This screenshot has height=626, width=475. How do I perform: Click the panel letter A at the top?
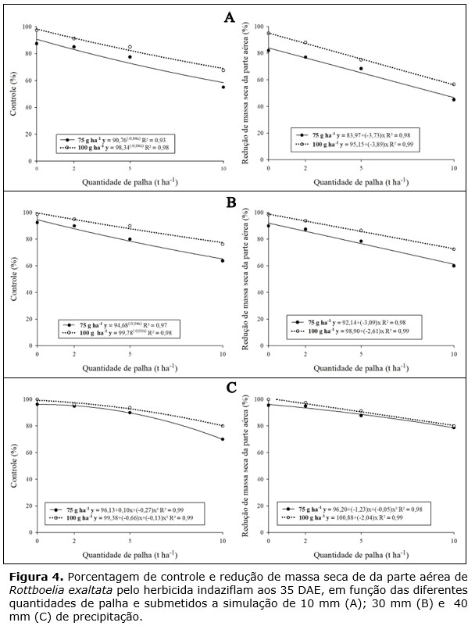point(230,17)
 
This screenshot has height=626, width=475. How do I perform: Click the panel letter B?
point(231,202)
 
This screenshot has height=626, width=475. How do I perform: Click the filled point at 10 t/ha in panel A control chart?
point(223,87)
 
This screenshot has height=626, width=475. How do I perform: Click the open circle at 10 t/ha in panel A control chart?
point(223,70)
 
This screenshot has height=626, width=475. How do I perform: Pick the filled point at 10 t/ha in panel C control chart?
point(223,439)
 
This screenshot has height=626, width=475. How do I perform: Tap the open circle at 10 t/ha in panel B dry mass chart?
point(454,249)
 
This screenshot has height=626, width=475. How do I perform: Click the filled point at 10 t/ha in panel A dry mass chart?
point(454,99)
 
